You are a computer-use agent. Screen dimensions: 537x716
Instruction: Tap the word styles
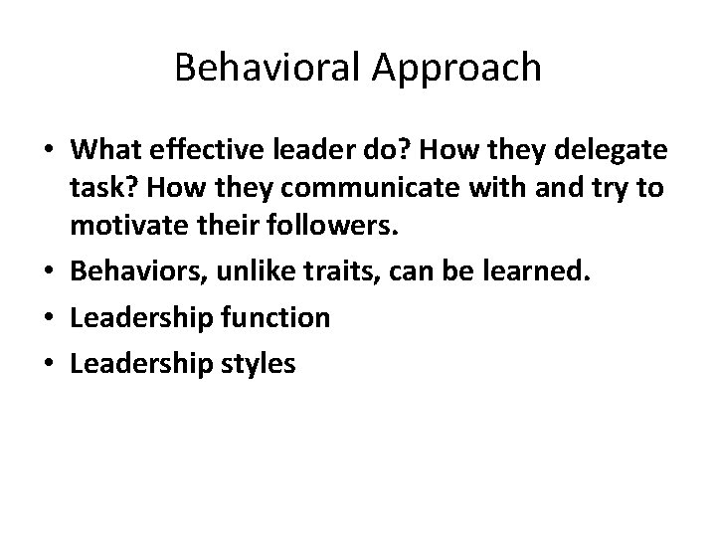coord(262,364)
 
